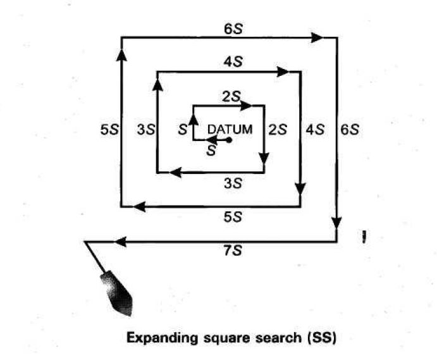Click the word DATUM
(x=230, y=130)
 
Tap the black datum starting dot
(x=229, y=140)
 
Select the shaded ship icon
(x=116, y=293)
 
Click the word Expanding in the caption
(x=162, y=338)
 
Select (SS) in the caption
(x=322, y=338)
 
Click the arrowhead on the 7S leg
(x=121, y=242)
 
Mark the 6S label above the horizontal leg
(x=233, y=28)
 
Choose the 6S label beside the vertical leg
(x=350, y=130)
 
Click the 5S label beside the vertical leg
(x=109, y=130)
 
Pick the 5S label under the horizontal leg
(x=233, y=217)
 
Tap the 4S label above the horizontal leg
(x=233, y=61)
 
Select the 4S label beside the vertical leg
(x=315, y=130)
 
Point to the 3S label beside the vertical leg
(x=145, y=130)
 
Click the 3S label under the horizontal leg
(x=233, y=183)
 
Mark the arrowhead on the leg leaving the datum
(x=212, y=140)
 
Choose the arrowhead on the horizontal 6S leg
(x=317, y=37)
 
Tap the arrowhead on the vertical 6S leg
(x=336, y=223)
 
